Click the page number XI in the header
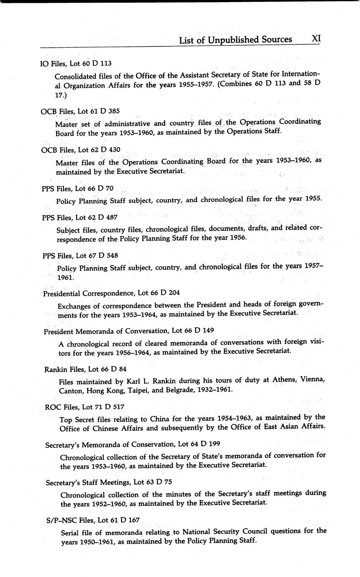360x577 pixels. click(x=316, y=38)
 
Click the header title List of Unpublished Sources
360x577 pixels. click(x=235, y=40)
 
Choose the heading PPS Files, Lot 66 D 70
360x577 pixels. click(x=78, y=189)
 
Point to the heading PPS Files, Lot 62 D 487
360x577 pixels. click(x=80, y=217)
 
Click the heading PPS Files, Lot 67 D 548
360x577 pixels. click(x=80, y=255)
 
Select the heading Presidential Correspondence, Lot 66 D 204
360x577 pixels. click(x=112, y=293)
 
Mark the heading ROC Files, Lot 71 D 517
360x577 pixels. click(x=84, y=407)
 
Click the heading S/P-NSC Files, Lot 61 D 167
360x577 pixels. click(x=93, y=520)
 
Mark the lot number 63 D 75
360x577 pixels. click(x=158, y=482)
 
